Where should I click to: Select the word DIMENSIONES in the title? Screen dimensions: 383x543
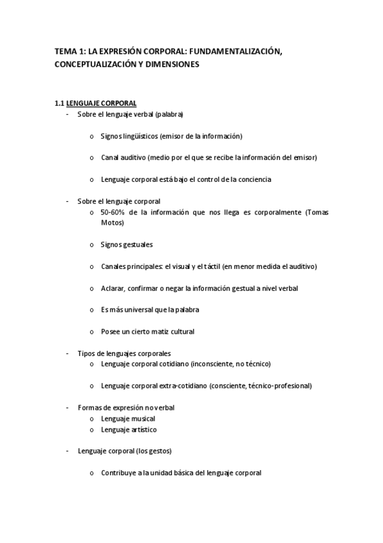171,65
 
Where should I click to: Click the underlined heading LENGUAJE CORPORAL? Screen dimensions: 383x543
101,103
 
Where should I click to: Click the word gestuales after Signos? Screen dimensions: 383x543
138,245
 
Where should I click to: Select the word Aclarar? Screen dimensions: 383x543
113,288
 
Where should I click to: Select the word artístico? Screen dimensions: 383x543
143,430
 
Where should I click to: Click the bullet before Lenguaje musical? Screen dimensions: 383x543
92,419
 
